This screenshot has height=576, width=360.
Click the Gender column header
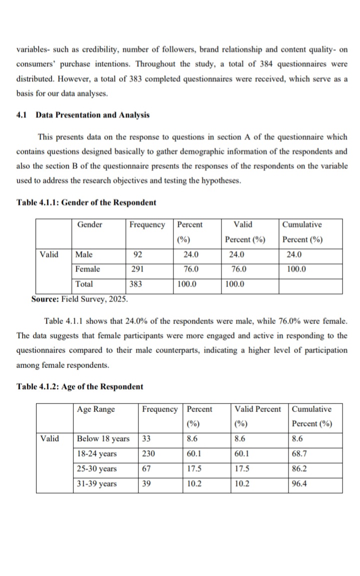pos(90,224)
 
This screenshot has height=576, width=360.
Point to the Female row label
pos(87,269)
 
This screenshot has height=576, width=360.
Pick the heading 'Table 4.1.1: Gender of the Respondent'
pos(86,202)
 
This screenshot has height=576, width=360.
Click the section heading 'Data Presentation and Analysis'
pos(92,115)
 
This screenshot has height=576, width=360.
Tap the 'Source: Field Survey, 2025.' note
pos(79,299)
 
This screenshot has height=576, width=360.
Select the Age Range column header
pos(96,409)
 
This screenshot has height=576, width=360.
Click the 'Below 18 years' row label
pos(102,439)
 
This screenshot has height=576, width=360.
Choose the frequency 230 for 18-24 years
pos(148,454)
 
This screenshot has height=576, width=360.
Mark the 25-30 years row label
pos(96,469)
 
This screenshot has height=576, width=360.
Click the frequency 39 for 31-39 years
pos(147,484)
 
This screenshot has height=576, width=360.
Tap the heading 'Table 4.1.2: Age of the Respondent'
pos(80,387)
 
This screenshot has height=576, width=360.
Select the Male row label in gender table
pos(84,254)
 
